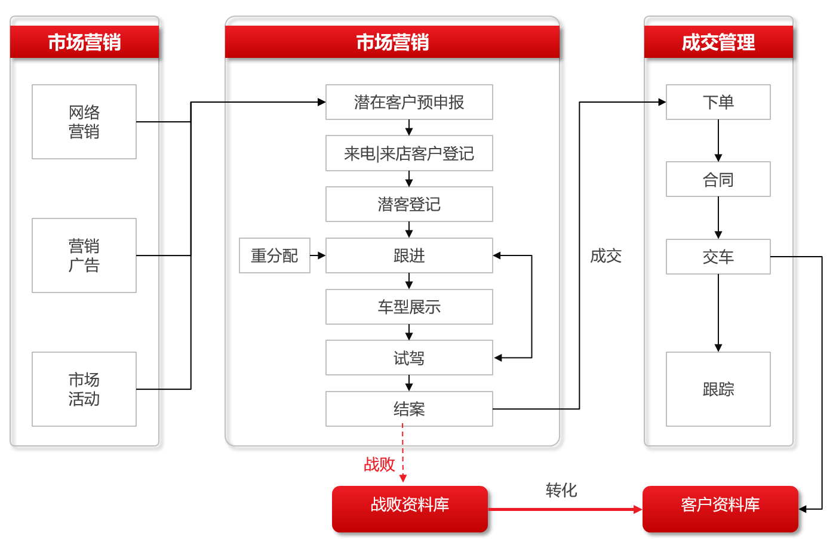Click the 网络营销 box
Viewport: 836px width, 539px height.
(x=84, y=122)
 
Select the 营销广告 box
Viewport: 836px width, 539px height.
(x=84, y=255)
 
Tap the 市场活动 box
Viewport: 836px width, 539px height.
(x=84, y=389)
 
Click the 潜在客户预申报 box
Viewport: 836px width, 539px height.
(x=409, y=102)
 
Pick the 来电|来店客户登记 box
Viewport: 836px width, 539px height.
(x=409, y=153)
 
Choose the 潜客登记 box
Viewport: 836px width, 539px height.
(x=409, y=204)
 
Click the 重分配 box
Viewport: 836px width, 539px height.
(x=275, y=255)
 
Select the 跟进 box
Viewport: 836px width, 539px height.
(x=409, y=255)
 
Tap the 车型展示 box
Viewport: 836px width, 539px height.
(x=409, y=307)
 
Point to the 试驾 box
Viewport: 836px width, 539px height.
(x=409, y=358)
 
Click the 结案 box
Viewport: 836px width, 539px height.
(x=409, y=409)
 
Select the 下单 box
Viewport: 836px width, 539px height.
(x=718, y=102)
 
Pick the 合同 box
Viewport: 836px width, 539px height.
(x=718, y=179)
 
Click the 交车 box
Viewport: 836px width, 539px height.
(x=718, y=257)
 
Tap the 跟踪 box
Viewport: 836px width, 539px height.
(x=718, y=389)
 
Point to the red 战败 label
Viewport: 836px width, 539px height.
(x=379, y=464)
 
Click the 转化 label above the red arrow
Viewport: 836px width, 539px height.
(x=561, y=490)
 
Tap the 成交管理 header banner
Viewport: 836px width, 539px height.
(x=718, y=42)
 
